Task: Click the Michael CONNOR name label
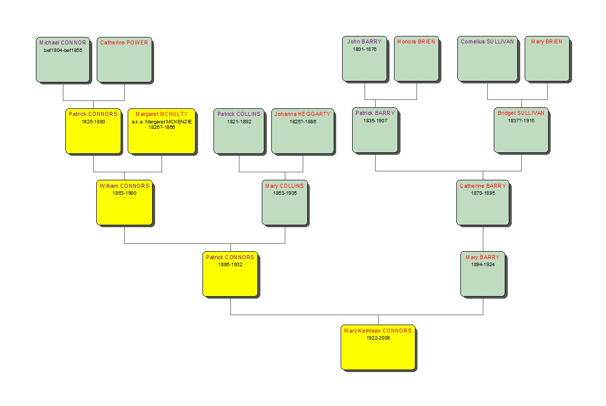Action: pos(63,42)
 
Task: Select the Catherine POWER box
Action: pos(125,59)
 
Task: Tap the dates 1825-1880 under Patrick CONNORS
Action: pos(93,122)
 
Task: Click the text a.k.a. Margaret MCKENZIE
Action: pos(162,122)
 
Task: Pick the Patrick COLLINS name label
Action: pos(239,114)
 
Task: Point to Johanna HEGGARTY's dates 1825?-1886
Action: pos(303,122)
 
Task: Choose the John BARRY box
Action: pos(365,58)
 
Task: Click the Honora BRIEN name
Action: pos(416,41)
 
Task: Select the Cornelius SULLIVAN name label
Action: pos(487,41)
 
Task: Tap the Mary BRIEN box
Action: pos(547,58)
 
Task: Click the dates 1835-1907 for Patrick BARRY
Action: pos(375,120)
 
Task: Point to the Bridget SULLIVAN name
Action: pos(521,113)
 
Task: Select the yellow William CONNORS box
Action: pos(125,203)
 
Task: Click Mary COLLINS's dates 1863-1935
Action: pos(285,193)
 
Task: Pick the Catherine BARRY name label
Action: pos(483,186)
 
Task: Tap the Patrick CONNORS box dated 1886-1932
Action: pos(230,274)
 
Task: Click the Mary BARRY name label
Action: pos(483,257)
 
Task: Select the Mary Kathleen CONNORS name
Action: pos(378,331)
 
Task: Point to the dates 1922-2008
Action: pos(378,338)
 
